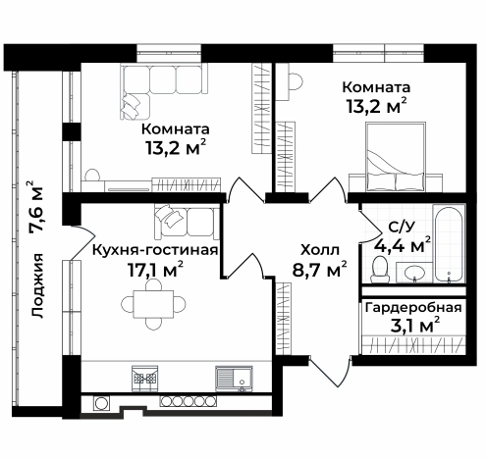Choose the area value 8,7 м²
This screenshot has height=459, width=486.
click(320, 270)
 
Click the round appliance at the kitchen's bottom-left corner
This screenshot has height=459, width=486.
click(100, 402)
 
